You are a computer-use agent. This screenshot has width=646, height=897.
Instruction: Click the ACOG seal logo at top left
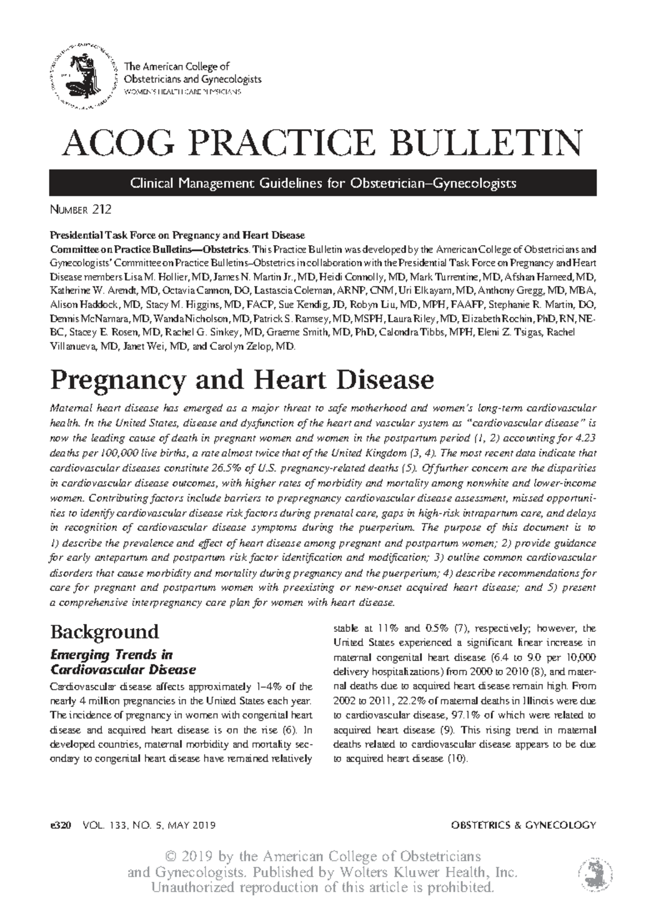pyautogui.click(x=83, y=74)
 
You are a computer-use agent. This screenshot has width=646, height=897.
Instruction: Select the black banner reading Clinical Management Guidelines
pyautogui.click(x=323, y=183)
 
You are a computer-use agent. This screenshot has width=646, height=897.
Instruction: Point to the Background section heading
pyautogui.click(x=104, y=631)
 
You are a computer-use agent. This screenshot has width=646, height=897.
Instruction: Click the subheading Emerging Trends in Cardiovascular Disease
pyautogui.click(x=122, y=662)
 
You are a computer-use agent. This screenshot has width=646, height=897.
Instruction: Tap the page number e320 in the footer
pyautogui.click(x=60, y=825)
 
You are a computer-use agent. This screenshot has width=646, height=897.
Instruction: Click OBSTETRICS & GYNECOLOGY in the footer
pyautogui.click(x=523, y=825)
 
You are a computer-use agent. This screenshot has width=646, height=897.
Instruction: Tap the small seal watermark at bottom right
pyautogui.click(x=594, y=873)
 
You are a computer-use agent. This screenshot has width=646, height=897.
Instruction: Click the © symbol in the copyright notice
pyautogui.click(x=172, y=857)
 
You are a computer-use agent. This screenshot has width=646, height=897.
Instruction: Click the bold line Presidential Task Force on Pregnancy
pyautogui.click(x=178, y=235)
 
